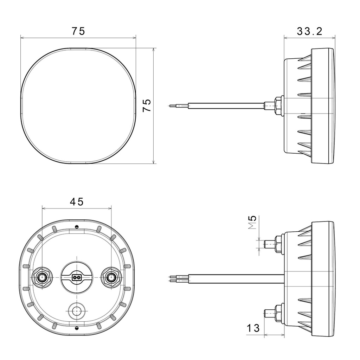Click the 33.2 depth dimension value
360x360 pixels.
click(309, 31)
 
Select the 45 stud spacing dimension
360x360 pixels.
click(77, 202)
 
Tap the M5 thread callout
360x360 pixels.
click(252, 222)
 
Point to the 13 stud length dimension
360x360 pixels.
click(253, 328)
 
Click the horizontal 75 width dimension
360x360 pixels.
click(78, 31)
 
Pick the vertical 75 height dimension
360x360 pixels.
click(147, 105)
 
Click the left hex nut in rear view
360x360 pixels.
click(42, 278)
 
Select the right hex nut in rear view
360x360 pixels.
click(111, 278)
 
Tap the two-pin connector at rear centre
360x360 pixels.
click(77, 277)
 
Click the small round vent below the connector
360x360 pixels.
click(77, 311)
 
